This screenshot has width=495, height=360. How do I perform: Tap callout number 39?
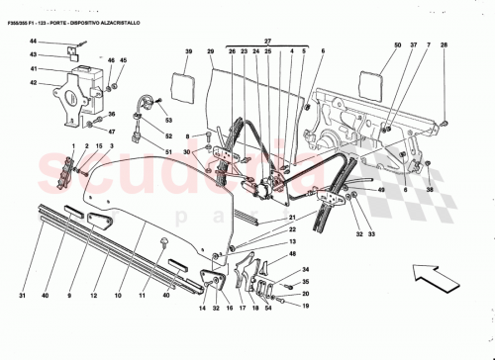point(185,50)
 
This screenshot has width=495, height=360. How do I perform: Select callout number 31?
point(21,295)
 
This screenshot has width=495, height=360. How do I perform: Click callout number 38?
point(430,189)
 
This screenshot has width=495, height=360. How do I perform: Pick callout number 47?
point(110,132)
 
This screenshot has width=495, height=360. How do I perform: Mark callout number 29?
point(210,50)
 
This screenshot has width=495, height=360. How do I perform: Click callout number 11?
point(144,295)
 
